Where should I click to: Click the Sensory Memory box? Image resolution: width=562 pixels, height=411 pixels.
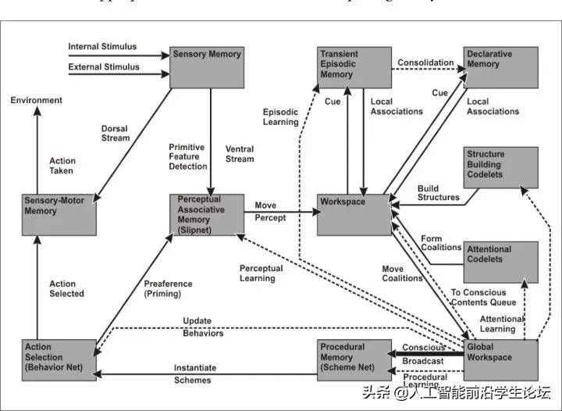(x=206, y=66)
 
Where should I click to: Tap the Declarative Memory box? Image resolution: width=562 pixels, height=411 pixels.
(x=500, y=67)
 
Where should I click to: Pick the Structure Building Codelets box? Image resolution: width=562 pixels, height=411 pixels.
(x=500, y=166)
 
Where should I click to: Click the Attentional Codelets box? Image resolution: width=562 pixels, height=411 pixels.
(x=500, y=262)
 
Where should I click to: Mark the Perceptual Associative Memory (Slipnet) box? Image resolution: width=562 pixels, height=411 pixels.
(x=206, y=215)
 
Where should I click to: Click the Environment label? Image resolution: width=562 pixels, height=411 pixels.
(x=36, y=101)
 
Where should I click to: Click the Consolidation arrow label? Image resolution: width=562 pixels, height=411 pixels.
(x=425, y=63)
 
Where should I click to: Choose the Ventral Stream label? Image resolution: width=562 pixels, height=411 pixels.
(x=239, y=154)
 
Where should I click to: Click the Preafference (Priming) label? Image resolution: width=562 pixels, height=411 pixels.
(x=162, y=288)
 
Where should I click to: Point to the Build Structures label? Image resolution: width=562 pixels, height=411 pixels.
(x=439, y=193)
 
